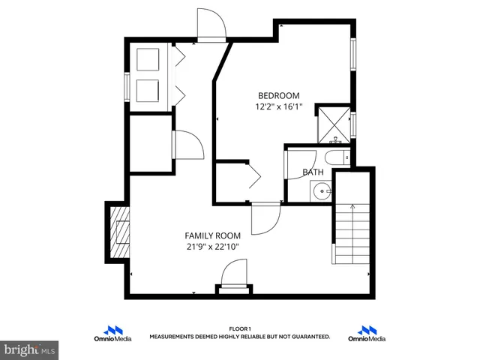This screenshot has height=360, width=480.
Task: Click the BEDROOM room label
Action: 278,95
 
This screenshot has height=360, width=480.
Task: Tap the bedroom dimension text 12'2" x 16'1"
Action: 278,107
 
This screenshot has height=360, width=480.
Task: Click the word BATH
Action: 313,172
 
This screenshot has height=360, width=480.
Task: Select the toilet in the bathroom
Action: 335,157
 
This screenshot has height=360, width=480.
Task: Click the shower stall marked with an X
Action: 332,124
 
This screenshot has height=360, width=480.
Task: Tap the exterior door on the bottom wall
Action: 235,276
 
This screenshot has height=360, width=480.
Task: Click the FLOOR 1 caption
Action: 239,328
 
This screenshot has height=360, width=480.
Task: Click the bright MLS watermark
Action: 30,349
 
